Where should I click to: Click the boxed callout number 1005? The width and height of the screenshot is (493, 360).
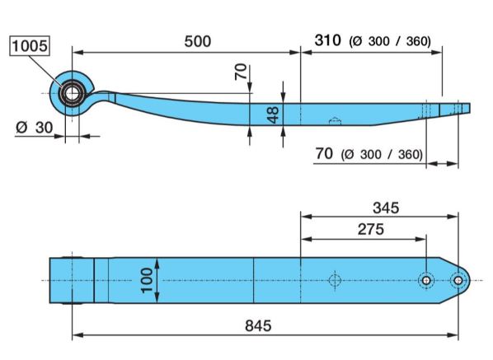click(x=30, y=46)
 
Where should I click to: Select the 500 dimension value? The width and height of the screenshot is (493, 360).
click(x=198, y=41)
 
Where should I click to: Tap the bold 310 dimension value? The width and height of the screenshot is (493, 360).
click(x=327, y=40)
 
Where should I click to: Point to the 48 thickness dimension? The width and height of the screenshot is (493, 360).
click(x=274, y=115)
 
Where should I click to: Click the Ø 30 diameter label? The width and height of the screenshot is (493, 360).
click(x=34, y=128)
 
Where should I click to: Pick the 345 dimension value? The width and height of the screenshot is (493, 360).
click(x=386, y=208)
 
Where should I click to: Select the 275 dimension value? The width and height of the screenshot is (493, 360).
click(x=371, y=229)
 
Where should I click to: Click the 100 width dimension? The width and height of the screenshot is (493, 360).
click(x=147, y=281)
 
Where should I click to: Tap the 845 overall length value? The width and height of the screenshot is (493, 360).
click(x=258, y=325)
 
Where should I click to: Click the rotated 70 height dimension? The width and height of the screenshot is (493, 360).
click(x=241, y=72)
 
